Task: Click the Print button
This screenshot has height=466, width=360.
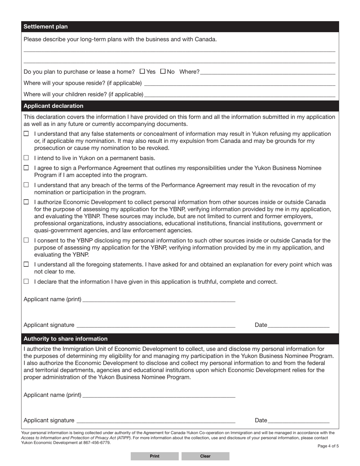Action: point(155,456)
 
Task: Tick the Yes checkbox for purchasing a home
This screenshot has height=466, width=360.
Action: point(142,71)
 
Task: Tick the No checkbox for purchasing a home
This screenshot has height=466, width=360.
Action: point(163,71)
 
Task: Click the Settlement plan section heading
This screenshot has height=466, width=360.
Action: point(46,27)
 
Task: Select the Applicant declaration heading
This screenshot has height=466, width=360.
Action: point(53,106)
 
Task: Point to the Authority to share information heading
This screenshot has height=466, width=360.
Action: point(66,339)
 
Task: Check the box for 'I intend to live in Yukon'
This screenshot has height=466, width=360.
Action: point(26,158)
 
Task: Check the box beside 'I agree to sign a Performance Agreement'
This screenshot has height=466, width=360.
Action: point(26,168)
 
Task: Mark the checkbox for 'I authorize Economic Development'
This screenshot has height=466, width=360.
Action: point(26,202)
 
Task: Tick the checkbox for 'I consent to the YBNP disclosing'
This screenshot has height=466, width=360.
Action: point(26,240)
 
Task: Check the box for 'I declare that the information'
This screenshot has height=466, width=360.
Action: point(26,281)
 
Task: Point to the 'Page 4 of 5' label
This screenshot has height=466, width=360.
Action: point(328,446)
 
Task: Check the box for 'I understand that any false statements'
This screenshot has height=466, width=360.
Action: point(26,134)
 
